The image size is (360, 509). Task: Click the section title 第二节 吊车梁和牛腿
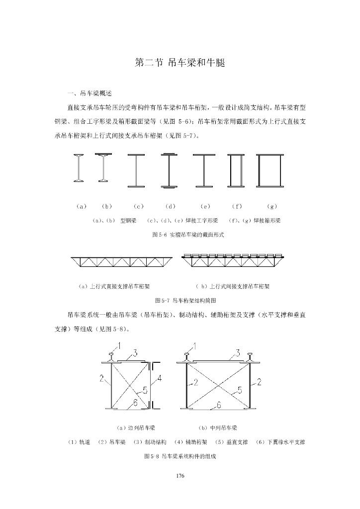(180, 63)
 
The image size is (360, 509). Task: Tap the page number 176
(180, 476)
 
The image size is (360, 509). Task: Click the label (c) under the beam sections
(139, 206)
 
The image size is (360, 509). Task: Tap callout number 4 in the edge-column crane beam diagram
(160, 379)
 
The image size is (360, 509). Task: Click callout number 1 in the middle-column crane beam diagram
(194, 345)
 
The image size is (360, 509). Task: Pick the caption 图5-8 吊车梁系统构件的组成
(180, 456)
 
